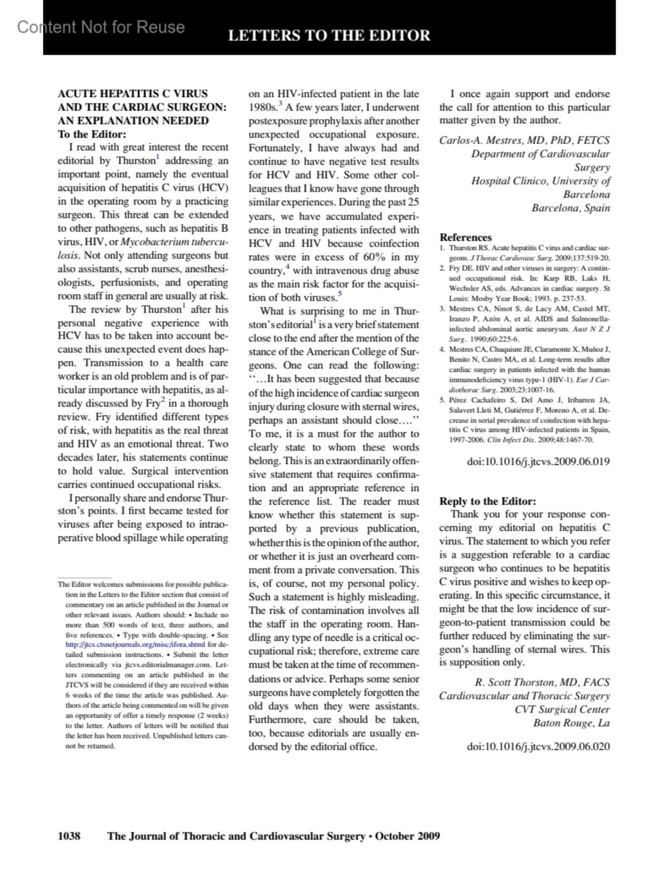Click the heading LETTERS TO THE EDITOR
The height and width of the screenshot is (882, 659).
[x=329, y=36]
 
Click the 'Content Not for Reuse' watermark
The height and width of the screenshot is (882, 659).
[x=101, y=27]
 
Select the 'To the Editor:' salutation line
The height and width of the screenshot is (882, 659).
[x=92, y=134]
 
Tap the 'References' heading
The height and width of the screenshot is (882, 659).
[x=465, y=237]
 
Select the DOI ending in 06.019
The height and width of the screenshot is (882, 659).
[x=538, y=461]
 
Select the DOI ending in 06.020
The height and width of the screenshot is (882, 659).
[x=538, y=746]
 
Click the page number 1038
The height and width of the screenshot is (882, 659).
[x=69, y=836]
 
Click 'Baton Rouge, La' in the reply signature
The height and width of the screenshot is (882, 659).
[x=571, y=723]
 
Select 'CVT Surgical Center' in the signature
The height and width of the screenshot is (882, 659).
[x=562, y=709]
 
